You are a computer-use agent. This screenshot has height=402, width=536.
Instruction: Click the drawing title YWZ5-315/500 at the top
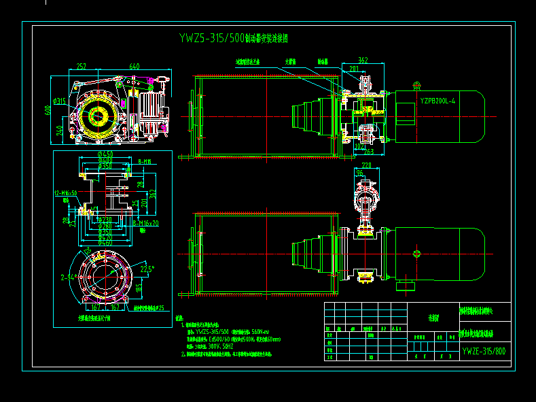pyautogui.click(x=211, y=38)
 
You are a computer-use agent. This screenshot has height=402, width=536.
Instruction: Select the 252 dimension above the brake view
pyautogui.click(x=81, y=66)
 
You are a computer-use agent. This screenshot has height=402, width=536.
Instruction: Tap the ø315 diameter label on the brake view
pyautogui.click(x=60, y=101)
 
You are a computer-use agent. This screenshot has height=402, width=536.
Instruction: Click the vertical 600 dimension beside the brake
pyautogui.click(x=48, y=110)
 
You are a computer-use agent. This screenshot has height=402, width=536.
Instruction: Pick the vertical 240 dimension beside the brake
pyautogui.click(x=60, y=129)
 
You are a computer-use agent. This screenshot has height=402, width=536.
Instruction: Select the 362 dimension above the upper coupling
pyautogui.click(x=362, y=61)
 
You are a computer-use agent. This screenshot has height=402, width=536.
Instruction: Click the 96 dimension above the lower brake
pyautogui.click(x=359, y=173)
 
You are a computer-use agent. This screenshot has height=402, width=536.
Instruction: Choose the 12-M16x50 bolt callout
pyautogui.click(x=66, y=193)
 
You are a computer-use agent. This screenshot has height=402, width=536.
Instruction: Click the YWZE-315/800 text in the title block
pyautogui.click(x=483, y=351)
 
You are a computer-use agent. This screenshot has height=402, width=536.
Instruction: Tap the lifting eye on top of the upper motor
pyautogui.click(x=417, y=85)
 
